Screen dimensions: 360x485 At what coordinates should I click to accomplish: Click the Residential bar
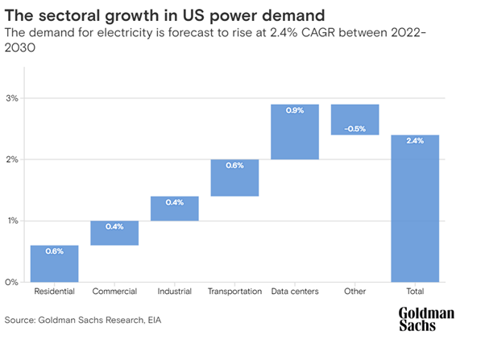(x=54, y=263)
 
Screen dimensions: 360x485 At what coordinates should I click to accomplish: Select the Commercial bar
(x=114, y=233)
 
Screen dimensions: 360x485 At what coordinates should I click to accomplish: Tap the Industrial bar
(x=174, y=209)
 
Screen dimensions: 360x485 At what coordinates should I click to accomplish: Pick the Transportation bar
(x=234, y=178)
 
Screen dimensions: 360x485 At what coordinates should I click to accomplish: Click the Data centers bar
(x=295, y=132)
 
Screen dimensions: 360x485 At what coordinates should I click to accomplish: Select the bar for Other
(x=354, y=120)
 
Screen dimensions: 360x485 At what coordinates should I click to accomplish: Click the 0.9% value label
(x=295, y=111)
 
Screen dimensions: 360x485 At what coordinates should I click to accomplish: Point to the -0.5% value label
(x=354, y=128)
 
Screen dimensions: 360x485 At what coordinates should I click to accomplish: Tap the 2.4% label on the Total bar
(x=415, y=141)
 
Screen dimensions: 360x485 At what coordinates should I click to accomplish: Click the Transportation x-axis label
(x=234, y=292)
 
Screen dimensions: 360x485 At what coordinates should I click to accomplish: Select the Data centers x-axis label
(x=295, y=292)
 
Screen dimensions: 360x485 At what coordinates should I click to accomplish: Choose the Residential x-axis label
(x=54, y=292)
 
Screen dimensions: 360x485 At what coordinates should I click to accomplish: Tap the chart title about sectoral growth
(x=143, y=13)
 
